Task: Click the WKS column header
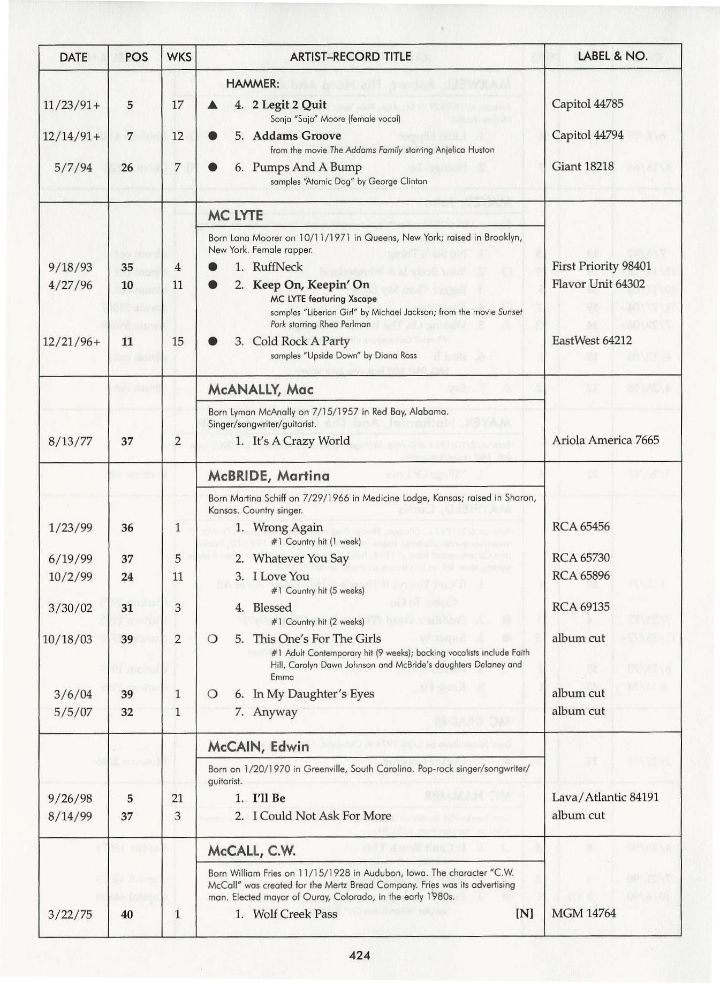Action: click(x=179, y=57)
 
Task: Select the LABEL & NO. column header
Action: click(x=612, y=56)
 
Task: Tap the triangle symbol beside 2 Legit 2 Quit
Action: click(x=213, y=105)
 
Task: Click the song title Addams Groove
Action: click(x=297, y=136)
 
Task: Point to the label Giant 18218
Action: click(x=582, y=166)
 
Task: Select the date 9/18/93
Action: click(x=70, y=267)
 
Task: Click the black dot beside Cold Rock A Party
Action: click(x=213, y=341)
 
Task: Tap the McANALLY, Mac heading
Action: click(x=261, y=389)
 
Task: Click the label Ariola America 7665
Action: click(x=605, y=440)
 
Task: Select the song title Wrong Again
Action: click(x=288, y=527)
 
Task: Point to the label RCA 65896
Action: click(x=580, y=575)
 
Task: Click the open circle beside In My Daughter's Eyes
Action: click(x=213, y=694)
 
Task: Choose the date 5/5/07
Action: click(x=70, y=712)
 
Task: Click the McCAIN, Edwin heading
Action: click(x=258, y=746)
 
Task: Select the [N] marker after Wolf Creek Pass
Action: click(x=524, y=913)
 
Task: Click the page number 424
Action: click(x=359, y=955)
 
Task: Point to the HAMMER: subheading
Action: click(x=252, y=84)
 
